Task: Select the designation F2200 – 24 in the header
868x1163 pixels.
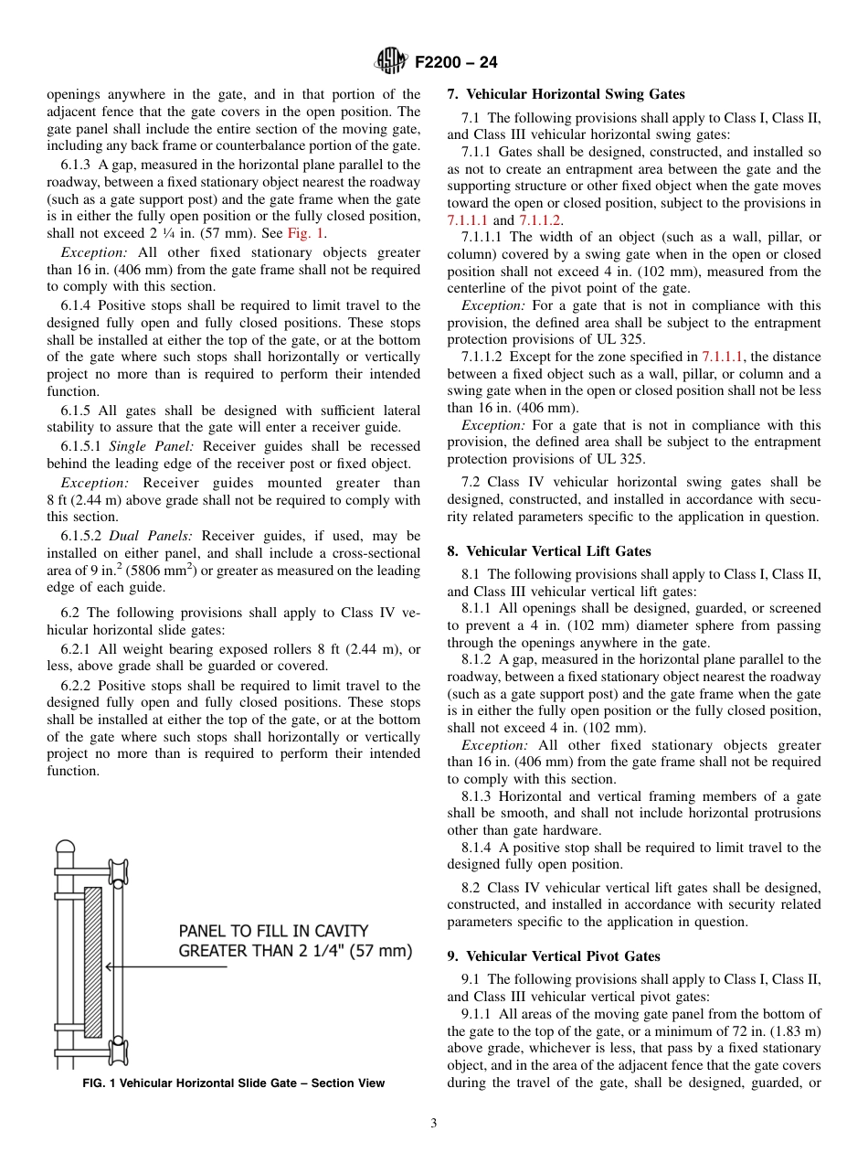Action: pyautogui.click(x=456, y=63)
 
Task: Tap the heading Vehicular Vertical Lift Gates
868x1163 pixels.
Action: pyautogui.click(x=558, y=551)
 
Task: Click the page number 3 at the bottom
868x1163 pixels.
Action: pyautogui.click(x=434, y=1124)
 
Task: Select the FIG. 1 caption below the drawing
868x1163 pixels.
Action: pyautogui.click(x=234, y=1083)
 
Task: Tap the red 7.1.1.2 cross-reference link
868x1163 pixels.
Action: pyautogui.click(x=540, y=220)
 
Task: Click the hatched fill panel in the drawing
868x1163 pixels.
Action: pyautogui.click(x=92, y=961)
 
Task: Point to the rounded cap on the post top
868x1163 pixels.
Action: pyautogui.click(x=65, y=848)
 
